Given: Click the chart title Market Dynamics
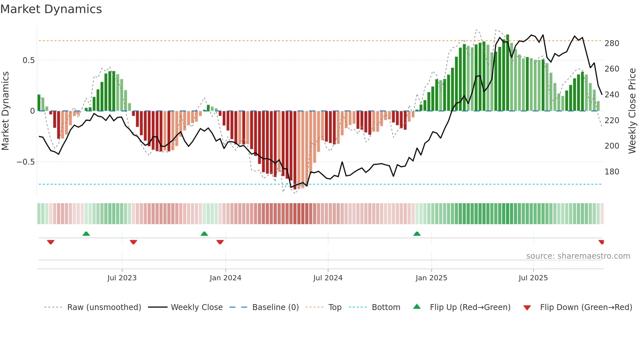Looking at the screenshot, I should (x=51, y=9).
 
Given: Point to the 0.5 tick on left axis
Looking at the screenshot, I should (x=28, y=60).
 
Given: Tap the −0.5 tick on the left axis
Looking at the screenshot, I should (x=25, y=162).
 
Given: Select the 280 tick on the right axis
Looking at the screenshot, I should (x=612, y=43).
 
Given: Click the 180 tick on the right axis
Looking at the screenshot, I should (x=612, y=172).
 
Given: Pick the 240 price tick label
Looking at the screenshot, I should (x=612, y=95).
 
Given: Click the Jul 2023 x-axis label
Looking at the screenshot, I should (x=122, y=278).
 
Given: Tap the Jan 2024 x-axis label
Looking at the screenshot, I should (x=225, y=278).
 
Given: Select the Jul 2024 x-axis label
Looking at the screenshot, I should (x=328, y=278).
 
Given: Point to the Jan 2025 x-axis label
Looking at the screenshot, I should (x=431, y=278).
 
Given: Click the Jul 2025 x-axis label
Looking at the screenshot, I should (x=533, y=278).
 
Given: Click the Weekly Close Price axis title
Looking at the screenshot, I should (x=632, y=111).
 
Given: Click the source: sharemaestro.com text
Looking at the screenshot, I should (x=578, y=256).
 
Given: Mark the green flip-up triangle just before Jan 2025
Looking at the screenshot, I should (x=417, y=234).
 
